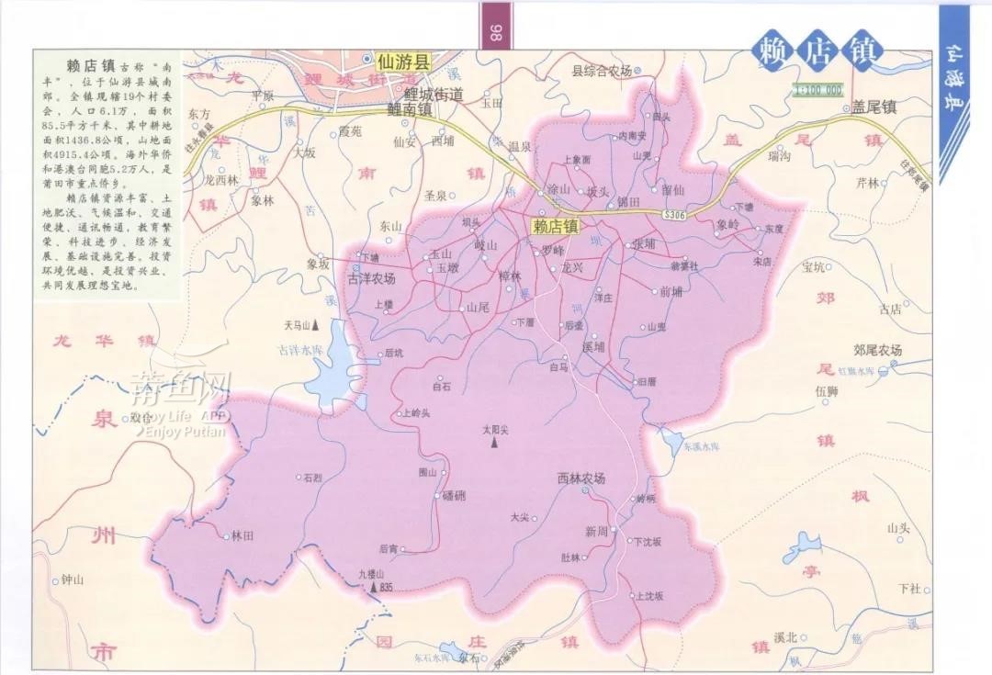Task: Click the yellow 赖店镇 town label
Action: tap(556, 225)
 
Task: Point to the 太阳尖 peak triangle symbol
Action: tap(494, 444)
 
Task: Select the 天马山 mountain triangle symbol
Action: tap(315, 325)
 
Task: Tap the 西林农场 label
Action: tap(581, 478)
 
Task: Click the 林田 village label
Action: tap(242, 534)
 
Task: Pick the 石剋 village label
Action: tap(311, 478)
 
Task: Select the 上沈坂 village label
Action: tap(648, 596)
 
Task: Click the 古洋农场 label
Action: tap(371, 278)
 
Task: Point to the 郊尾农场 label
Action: tap(877, 350)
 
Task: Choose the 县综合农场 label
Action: tap(602, 71)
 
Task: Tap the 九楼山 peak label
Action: tap(370, 573)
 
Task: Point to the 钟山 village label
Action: tap(72, 580)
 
